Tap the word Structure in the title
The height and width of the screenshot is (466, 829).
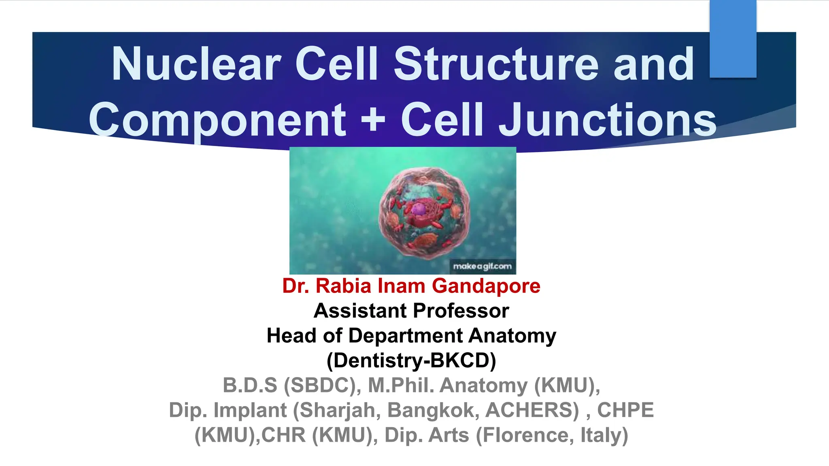point(496,64)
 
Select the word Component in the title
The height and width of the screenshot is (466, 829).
point(217,120)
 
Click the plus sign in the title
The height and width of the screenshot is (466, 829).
point(373,120)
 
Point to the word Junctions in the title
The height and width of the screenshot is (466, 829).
point(608,120)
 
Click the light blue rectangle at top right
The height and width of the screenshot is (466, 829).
point(733,39)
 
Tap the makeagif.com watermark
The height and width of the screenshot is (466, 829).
point(483,267)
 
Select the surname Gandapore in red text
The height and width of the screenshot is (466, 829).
point(486,286)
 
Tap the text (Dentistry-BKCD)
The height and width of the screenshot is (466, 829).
point(411,360)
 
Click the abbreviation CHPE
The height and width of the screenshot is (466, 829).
point(625,410)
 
